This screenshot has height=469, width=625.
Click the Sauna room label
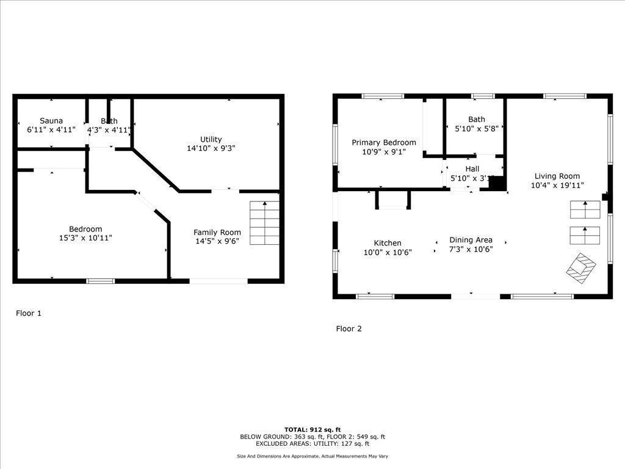[x=51, y=121]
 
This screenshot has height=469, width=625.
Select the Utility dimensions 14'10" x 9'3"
[x=211, y=148]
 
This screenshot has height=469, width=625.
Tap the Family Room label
[x=217, y=232]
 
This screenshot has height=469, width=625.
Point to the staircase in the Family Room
[x=265, y=222]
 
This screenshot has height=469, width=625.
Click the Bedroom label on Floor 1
[x=85, y=229]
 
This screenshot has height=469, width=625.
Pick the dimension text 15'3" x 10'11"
[x=85, y=238]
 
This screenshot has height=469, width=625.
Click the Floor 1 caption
[x=29, y=313]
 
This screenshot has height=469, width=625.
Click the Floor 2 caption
[x=349, y=329]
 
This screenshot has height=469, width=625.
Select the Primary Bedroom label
[x=384, y=142]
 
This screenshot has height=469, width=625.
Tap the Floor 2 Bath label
[x=477, y=119]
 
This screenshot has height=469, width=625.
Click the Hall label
[x=472, y=169]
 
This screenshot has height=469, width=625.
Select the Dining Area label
[x=471, y=240]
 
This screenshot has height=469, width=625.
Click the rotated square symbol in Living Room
[x=580, y=267]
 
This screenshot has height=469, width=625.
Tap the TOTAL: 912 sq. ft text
[x=312, y=429]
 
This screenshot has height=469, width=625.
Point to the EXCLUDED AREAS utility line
[x=312, y=444]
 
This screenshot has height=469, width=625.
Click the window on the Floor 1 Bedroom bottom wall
[x=100, y=281]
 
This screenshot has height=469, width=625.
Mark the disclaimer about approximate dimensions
[x=312, y=456]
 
